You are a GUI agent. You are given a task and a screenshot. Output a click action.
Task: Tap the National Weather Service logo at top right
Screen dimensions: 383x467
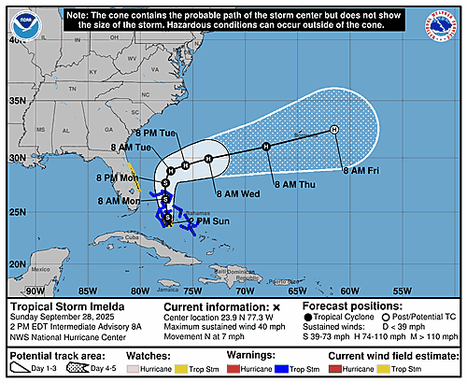point(446,21)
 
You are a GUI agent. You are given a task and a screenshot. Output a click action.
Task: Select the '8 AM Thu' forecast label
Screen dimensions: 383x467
point(290,185)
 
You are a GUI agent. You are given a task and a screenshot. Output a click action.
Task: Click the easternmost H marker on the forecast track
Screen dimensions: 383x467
point(334,130)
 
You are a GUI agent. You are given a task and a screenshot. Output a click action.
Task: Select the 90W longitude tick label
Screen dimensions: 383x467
point(35,291)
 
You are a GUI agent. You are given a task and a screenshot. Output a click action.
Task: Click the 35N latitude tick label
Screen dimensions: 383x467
point(16,101)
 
